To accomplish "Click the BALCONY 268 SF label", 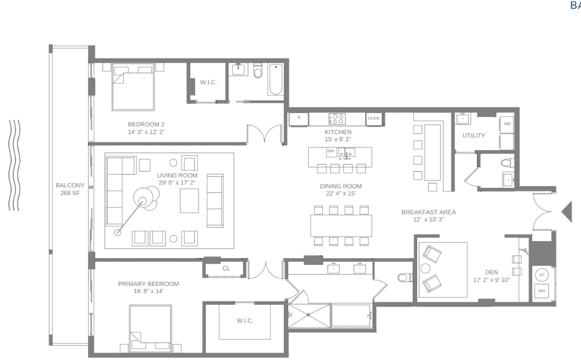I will [x=69, y=189].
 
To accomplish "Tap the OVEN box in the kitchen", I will [x=373, y=118].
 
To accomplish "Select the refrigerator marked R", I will [x=299, y=118].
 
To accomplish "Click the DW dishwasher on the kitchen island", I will [x=330, y=151].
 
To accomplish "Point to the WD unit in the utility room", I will [x=507, y=124].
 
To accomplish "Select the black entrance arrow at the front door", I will [x=567, y=212].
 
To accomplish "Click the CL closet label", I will [x=226, y=268].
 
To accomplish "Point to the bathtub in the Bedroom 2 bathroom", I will [x=276, y=80].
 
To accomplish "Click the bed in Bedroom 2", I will [x=133, y=87].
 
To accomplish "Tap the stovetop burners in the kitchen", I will [x=337, y=118].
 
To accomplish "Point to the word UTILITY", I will [x=474, y=135].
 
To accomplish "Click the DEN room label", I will [x=491, y=272].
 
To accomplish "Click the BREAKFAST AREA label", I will [x=424, y=212].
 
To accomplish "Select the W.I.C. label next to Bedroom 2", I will [x=207, y=83].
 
